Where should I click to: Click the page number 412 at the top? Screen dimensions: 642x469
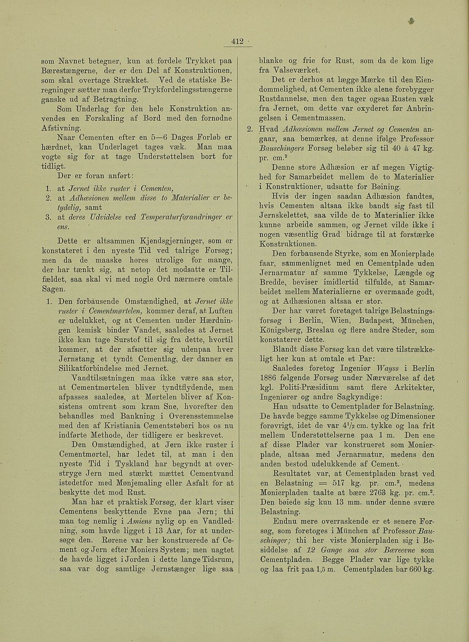[237, 41]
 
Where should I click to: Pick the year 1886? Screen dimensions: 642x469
[268, 377]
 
